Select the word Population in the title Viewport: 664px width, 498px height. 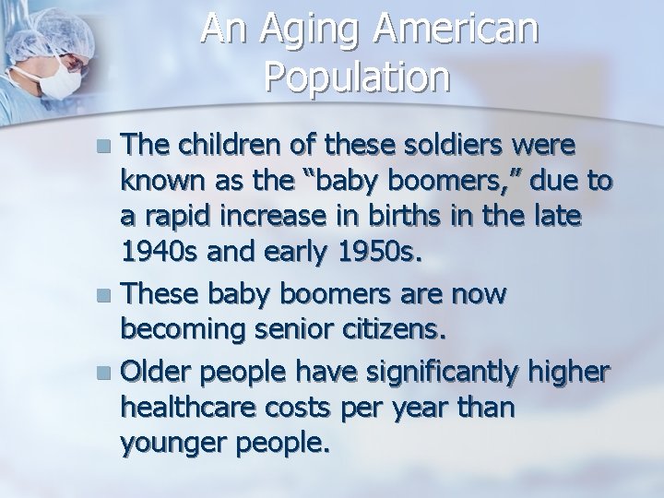[357, 78]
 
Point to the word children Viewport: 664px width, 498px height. [224, 145]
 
